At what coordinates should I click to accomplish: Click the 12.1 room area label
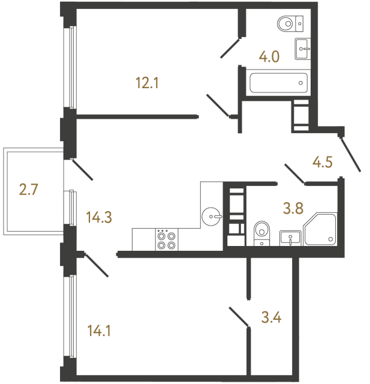coord(147,84)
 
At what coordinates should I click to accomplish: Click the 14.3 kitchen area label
coord(100,216)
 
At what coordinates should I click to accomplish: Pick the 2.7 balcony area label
coord(29,191)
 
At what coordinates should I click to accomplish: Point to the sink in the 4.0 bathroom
coord(303,47)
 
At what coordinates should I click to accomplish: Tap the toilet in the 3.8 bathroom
coord(262,233)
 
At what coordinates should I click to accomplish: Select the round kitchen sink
coord(212,214)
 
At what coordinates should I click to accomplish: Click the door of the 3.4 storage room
coord(239,317)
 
